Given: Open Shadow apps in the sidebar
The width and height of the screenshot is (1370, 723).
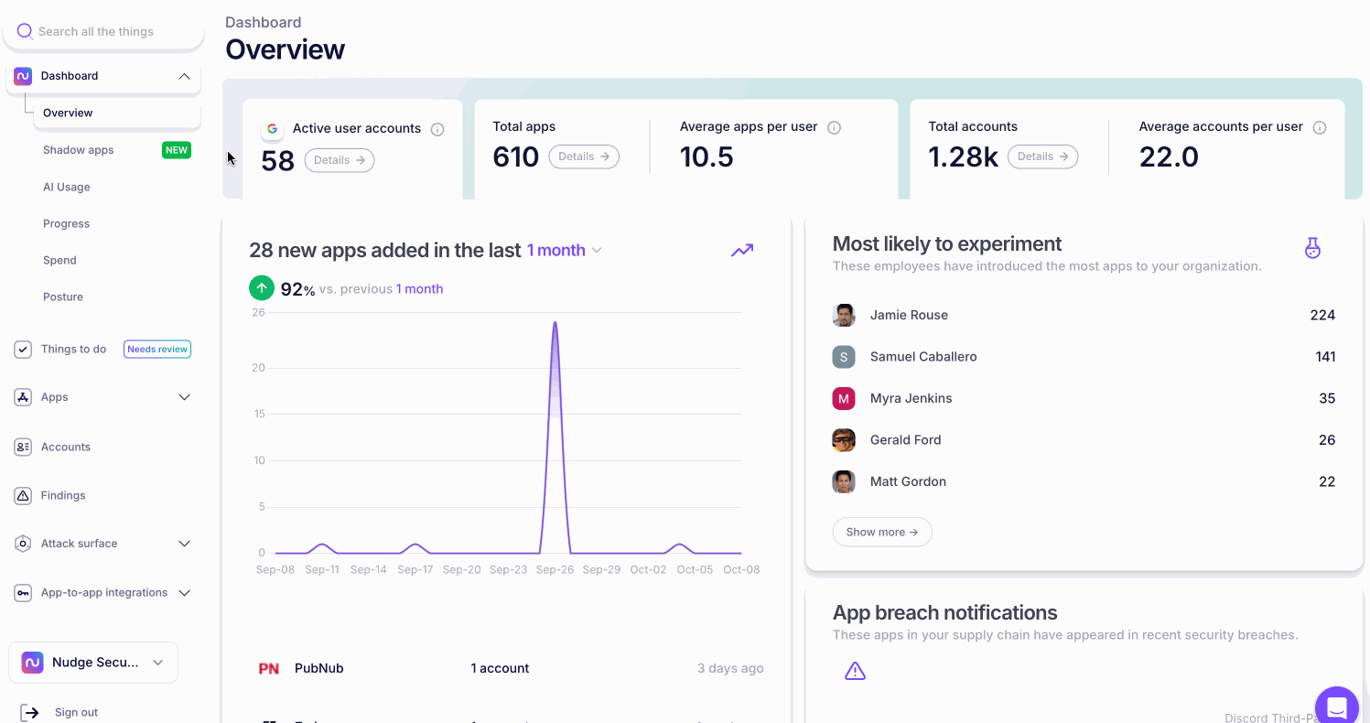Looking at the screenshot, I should pos(79,150).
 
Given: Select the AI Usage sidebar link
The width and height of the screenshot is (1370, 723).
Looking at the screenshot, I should pos(67,187).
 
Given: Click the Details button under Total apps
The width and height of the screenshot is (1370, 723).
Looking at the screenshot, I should pos(584,156).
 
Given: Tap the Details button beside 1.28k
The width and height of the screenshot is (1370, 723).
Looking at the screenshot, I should pos(1042,156).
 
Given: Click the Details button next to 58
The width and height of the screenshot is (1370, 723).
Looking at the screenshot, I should pos(340,160).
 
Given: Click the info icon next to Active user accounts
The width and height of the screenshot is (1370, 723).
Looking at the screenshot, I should pos(437,129).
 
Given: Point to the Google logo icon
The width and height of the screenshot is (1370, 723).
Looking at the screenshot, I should pos(272,129).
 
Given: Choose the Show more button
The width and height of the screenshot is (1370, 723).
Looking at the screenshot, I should pos(881,532).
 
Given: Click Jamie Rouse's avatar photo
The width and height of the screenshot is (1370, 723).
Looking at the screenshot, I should pos(844,315).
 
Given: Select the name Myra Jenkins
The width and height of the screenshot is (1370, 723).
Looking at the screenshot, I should pos(911,398).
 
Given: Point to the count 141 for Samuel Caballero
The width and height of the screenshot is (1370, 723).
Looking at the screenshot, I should pos(1325,357).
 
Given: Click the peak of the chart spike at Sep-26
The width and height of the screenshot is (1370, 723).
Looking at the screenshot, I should pos(555,323).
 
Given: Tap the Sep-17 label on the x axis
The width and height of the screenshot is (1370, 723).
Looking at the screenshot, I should pos(415,569).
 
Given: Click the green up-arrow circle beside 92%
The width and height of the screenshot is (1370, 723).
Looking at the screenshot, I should pos(262,288).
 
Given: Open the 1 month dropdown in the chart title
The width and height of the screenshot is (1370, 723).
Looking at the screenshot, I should pos(564,250).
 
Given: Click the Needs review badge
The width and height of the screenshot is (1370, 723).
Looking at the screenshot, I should pos(157,349).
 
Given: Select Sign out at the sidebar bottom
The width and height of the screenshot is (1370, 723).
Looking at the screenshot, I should pos(76,712).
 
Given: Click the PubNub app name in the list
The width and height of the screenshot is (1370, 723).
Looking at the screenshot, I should pos(318,668).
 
